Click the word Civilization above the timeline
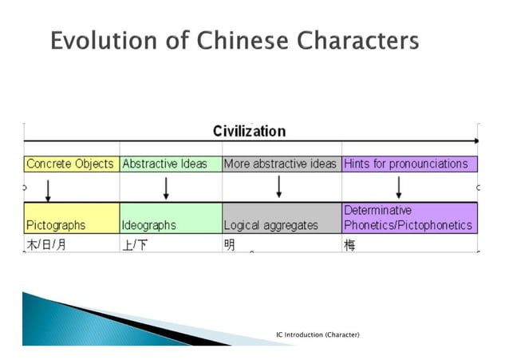[249, 132]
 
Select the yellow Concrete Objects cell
[70, 164]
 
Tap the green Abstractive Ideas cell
[164, 164]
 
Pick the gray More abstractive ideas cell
[280, 164]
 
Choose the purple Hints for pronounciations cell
[406, 164]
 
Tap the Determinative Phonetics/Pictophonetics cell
[408, 218]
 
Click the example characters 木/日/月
[46, 245]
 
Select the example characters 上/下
[135, 245]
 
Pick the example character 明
[230, 245]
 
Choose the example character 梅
[349, 245]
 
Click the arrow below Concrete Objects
[49, 189]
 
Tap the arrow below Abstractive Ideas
[166, 188]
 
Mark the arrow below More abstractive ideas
[279, 188]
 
